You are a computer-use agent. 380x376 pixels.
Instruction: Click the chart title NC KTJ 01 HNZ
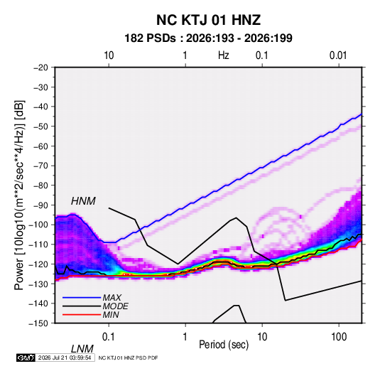point(208,20)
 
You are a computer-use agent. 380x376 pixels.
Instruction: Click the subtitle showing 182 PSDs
point(208,38)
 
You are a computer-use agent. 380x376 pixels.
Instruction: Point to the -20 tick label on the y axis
point(40,68)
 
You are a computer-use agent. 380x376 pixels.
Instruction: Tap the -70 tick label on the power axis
point(40,166)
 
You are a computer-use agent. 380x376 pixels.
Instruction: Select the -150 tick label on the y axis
point(38,323)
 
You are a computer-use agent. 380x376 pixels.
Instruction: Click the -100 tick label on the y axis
point(38,225)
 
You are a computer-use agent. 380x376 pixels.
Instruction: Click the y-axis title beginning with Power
point(19,195)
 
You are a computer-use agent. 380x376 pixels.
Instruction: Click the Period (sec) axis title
point(224,345)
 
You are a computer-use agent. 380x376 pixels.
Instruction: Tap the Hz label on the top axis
point(224,55)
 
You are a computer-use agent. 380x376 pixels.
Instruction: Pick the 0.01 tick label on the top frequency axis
point(338,55)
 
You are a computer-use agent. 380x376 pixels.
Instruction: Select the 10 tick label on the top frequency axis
point(109,55)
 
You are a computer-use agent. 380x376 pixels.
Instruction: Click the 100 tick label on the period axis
point(339,337)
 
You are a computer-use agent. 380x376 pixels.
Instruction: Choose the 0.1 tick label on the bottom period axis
point(109,337)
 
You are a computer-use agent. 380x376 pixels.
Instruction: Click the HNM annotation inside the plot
point(83,201)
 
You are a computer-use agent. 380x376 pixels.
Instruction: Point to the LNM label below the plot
point(82,349)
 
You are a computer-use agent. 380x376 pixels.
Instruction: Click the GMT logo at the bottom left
point(26,358)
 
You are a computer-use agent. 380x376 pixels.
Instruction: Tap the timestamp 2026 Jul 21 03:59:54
point(65,358)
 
